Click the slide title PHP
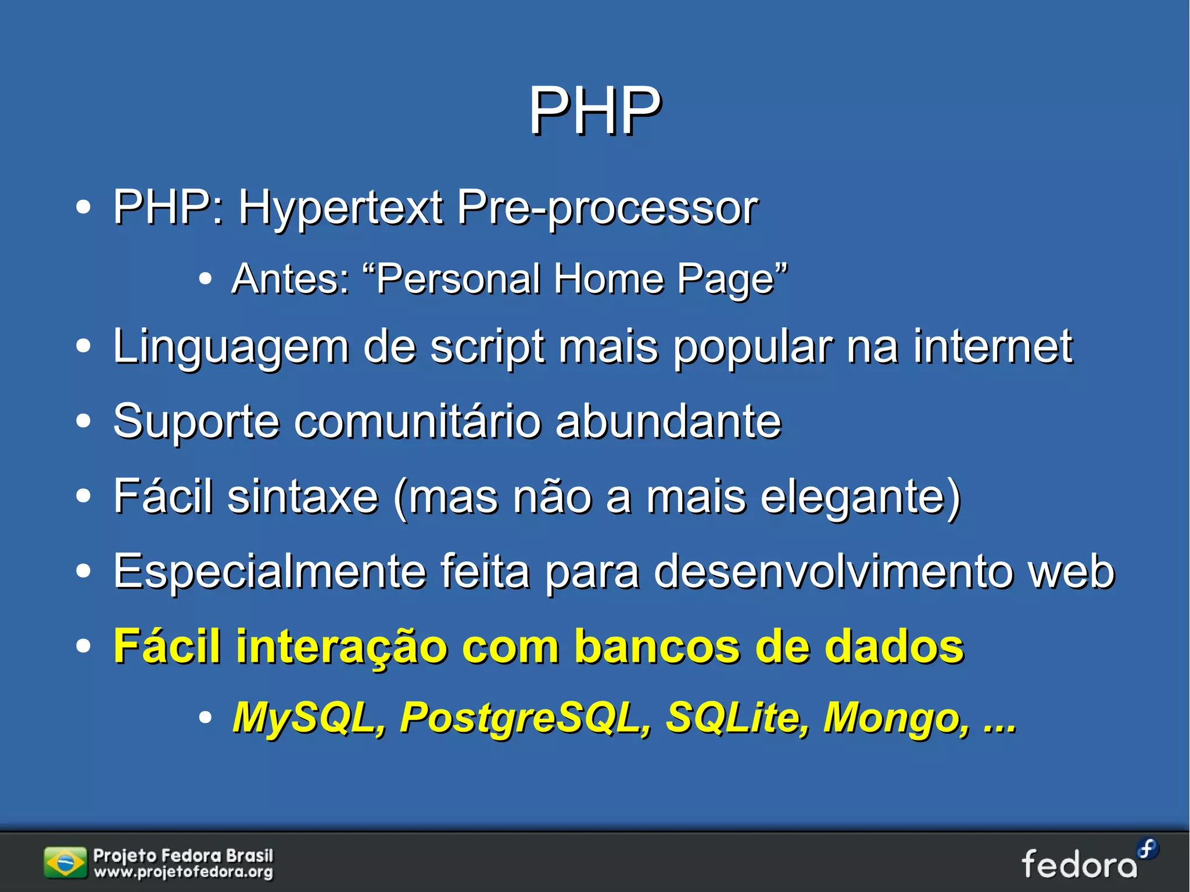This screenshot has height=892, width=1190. pyautogui.click(x=594, y=110)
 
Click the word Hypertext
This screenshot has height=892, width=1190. pyautogui.click(x=340, y=208)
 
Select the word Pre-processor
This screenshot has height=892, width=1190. pyautogui.click(x=607, y=208)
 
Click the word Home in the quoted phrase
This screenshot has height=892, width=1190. pyautogui.click(x=608, y=279)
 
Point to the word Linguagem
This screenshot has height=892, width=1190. pyautogui.click(x=231, y=348)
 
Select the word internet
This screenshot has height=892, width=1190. pyautogui.click(x=992, y=346)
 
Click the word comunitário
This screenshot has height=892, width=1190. pyautogui.click(x=417, y=421)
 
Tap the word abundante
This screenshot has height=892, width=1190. pyautogui.click(x=668, y=421)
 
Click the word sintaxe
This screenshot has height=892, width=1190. pyautogui.click(x=303, y=497)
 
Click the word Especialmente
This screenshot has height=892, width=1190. pyautogui.click(x=270, y=572)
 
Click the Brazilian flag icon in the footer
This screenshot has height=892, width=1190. pyautogui.click(x=64, y=863)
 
